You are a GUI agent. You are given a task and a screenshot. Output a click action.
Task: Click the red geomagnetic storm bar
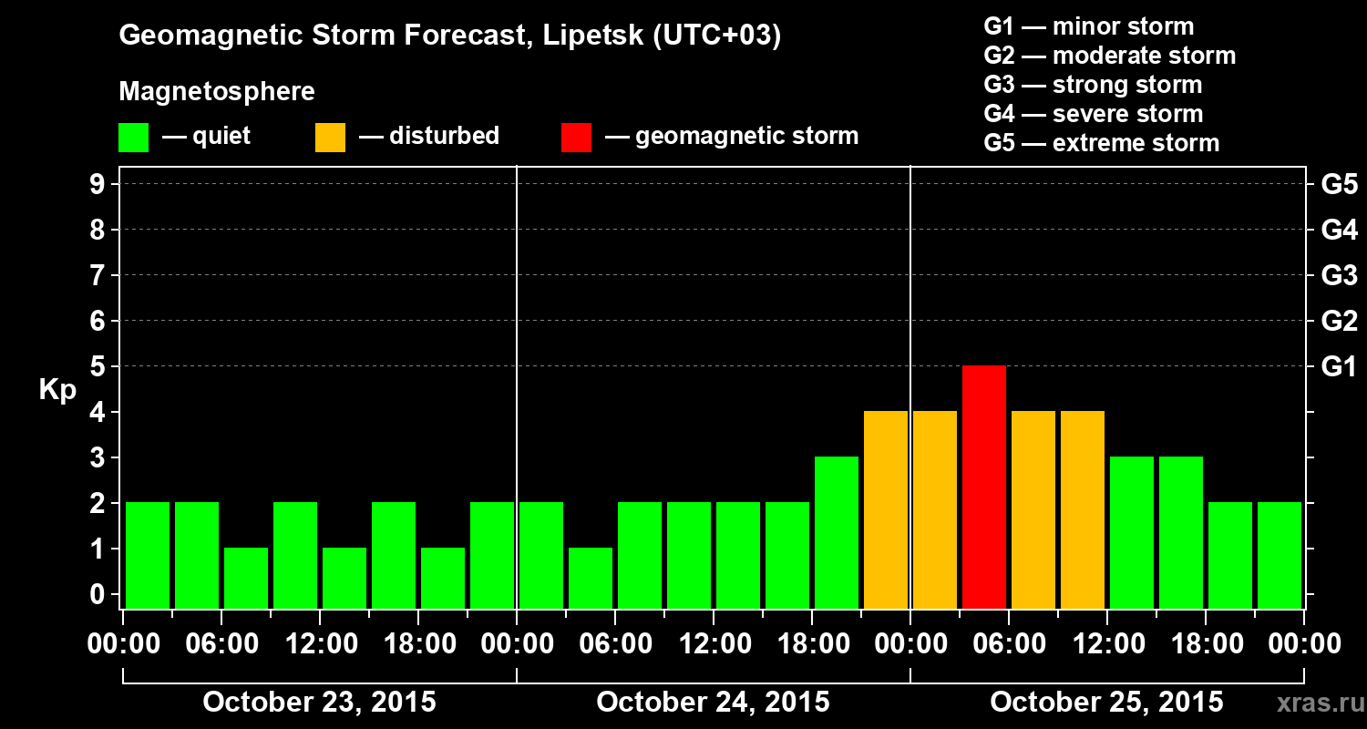tap(984, 487)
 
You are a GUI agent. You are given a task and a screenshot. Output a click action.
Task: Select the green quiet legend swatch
tap(133, 137)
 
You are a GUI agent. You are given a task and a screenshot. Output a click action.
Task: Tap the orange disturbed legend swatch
tap(330, 137)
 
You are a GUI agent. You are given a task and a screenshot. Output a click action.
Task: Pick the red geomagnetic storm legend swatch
tap(576, 137)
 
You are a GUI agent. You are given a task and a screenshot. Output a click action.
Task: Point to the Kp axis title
tap(57, 390)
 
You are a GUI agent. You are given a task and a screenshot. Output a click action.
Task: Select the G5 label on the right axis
tap(1339, 184)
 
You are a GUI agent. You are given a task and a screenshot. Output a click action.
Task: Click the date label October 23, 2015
tap(319, 703)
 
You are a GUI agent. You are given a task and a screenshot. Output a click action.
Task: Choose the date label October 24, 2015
tap(713, 703)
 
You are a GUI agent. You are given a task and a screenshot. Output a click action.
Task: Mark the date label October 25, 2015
tap(1106, 703)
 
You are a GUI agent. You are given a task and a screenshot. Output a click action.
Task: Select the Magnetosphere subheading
tap(217, 92)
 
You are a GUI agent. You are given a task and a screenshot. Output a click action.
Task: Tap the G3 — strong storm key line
tap(1093, 85)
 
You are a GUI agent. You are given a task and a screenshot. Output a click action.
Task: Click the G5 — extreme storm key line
tap(1101, 143)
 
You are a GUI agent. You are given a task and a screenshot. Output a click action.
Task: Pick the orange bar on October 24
tap(886, 509)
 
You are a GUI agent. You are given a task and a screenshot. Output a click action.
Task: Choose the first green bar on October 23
tap(148, 555)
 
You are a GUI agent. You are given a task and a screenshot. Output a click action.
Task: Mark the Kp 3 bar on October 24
tap(837, 532)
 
